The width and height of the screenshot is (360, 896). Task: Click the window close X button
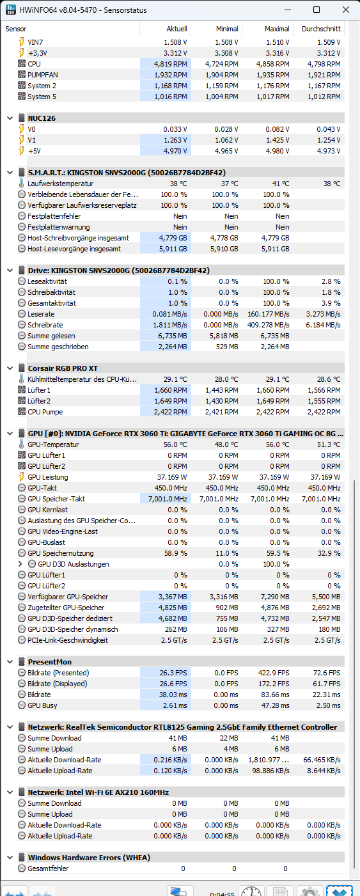[x=346, y=10]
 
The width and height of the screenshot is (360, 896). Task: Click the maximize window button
[x=317, y=10]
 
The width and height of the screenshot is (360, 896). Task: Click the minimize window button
[x=287, y=10]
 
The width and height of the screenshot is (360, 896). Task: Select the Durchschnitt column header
[x=321, y=29]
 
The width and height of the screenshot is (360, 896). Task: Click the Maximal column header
[x=277, y=29]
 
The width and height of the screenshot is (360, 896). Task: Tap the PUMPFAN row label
[x=43, y=75]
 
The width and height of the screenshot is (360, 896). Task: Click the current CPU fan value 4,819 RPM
[x=170, y=64]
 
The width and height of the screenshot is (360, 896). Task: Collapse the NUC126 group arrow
[x=10, y=118]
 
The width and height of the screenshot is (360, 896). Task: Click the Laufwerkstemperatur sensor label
[x=60, y=184]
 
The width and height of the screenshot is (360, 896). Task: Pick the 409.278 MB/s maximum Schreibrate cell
[x=268, y=325]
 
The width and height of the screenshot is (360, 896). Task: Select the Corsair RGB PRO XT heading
[x=63, y=368]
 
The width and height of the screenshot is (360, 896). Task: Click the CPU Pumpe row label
[x=45, y=412]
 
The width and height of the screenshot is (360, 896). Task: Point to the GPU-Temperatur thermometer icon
[x=21, y=444]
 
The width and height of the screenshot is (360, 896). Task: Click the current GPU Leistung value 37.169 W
[x=172, y=477]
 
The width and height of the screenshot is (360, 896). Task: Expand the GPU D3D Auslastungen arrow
[x=20, y=564]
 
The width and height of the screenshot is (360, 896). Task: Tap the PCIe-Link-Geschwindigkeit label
[x=68, y=640]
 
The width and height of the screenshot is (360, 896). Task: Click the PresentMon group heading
[x=50, y=662]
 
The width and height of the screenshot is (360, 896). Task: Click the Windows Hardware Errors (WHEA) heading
[x=89, y=858]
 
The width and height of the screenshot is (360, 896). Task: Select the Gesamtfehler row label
[x=48, y=868]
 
